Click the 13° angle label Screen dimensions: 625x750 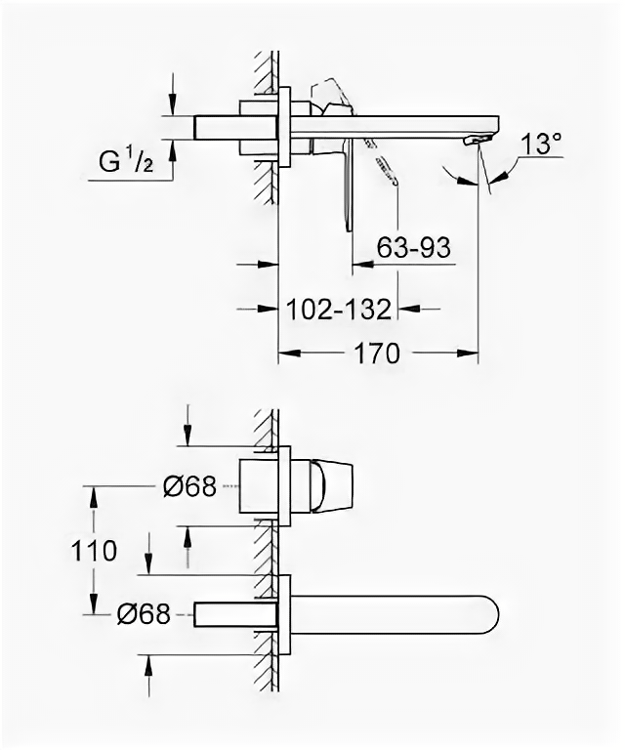pos(541,144)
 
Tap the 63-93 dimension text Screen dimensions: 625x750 pos(413,248)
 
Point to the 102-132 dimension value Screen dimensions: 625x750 pos(340,310)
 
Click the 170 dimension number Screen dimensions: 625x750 pos(378,353)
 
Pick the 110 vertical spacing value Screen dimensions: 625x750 pos(95,550)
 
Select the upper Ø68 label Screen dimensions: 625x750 pos(188,485)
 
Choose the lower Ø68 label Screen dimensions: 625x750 pos(144,613)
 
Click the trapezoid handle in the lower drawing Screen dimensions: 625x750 pos(327,485)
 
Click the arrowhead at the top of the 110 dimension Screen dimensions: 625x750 pos(95,493)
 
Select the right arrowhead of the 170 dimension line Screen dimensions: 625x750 pos(473,353)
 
